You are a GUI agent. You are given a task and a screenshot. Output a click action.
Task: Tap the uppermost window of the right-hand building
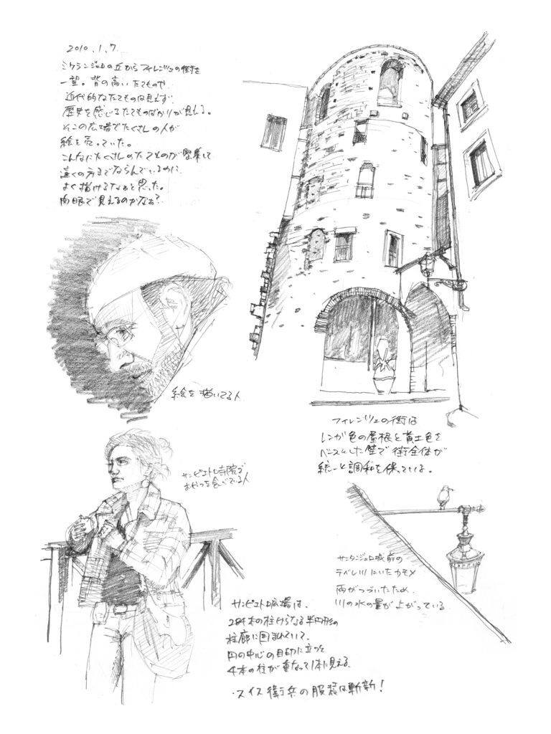tap(470, 105)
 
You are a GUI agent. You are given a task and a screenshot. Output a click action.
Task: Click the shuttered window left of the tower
tap(274, 133)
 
